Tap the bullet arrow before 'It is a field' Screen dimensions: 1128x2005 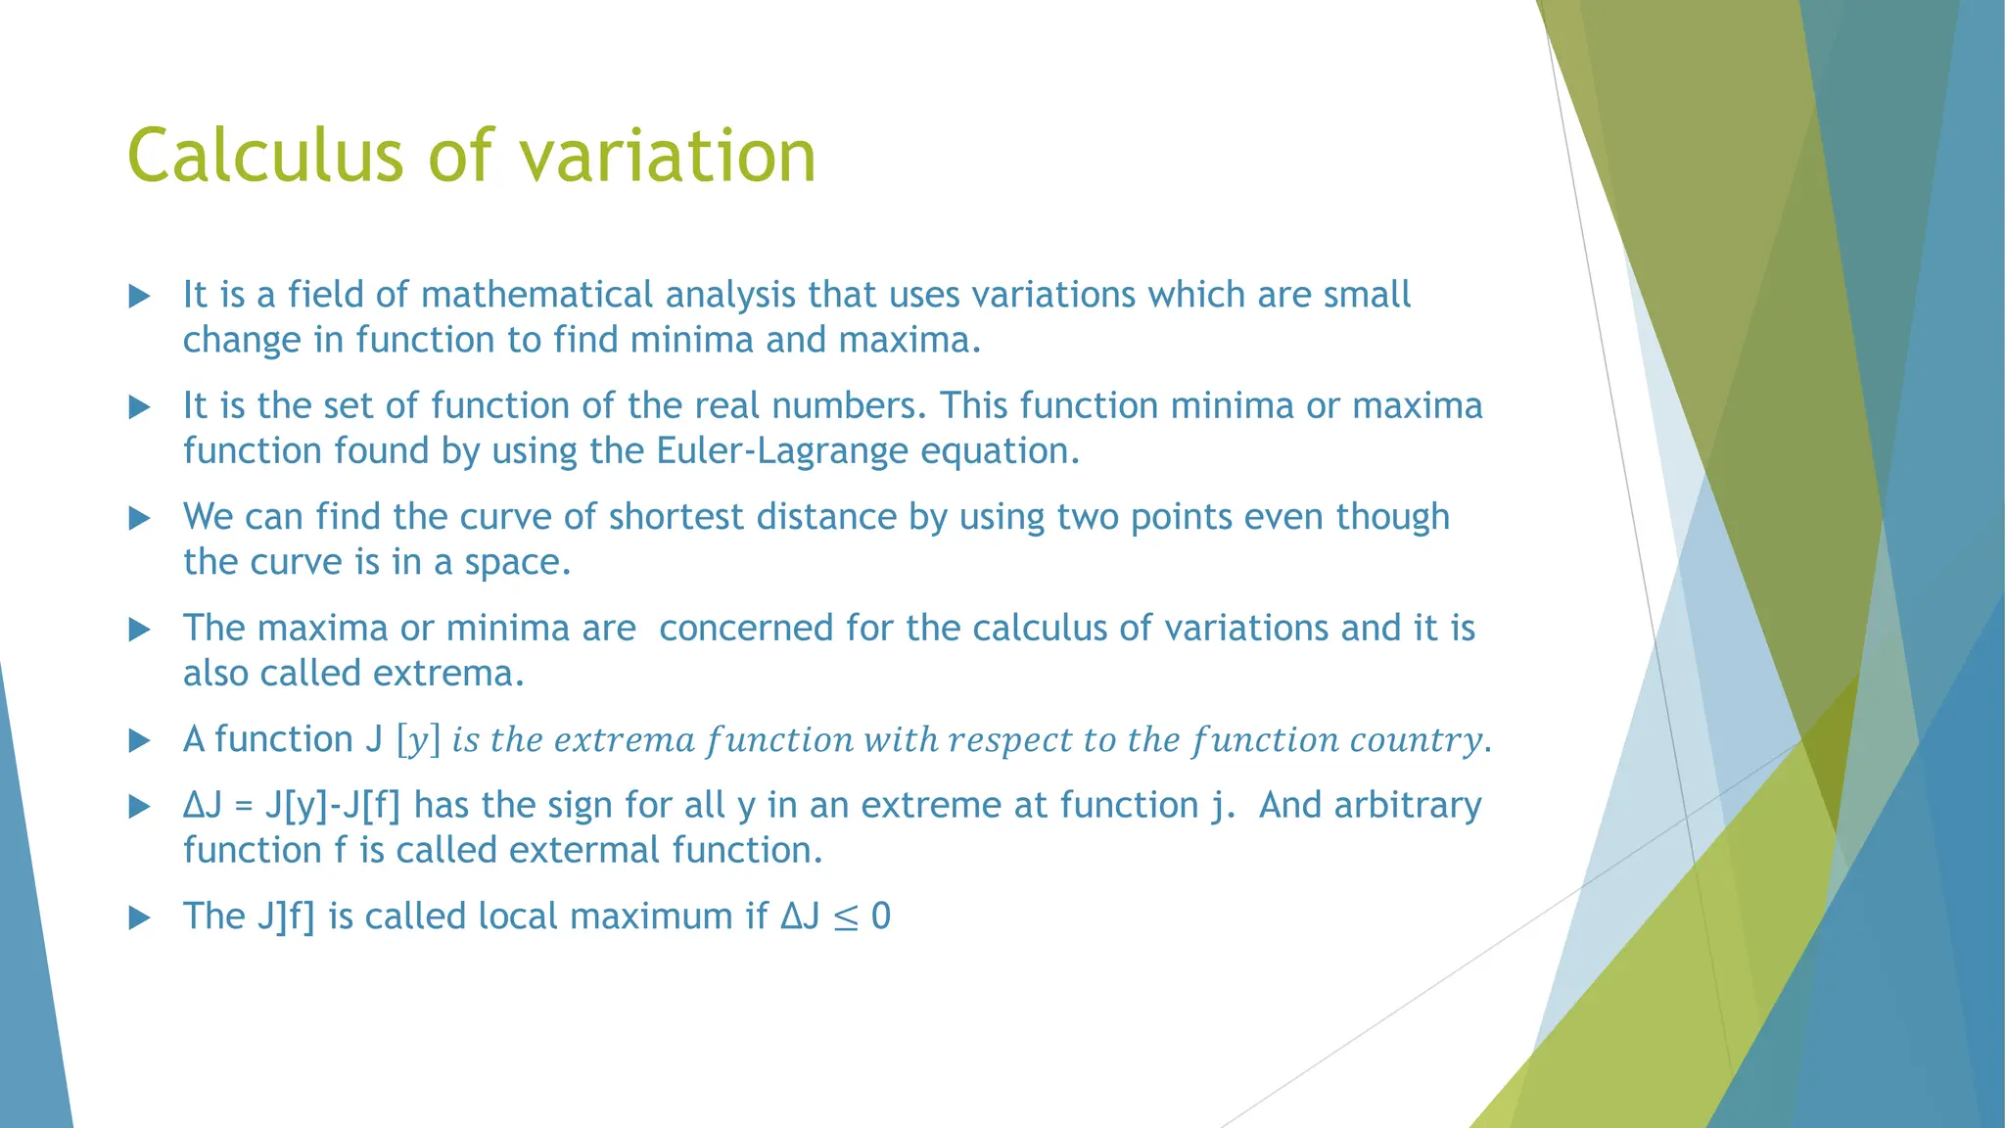pos(140,296)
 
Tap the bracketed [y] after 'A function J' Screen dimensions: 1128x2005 pos(418,740)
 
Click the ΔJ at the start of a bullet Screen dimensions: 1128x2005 pos(203,805)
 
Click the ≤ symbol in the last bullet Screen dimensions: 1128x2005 pos(845,917)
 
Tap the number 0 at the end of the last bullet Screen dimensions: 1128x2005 pos(880,916)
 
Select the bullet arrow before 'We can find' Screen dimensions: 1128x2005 pos(140,518)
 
